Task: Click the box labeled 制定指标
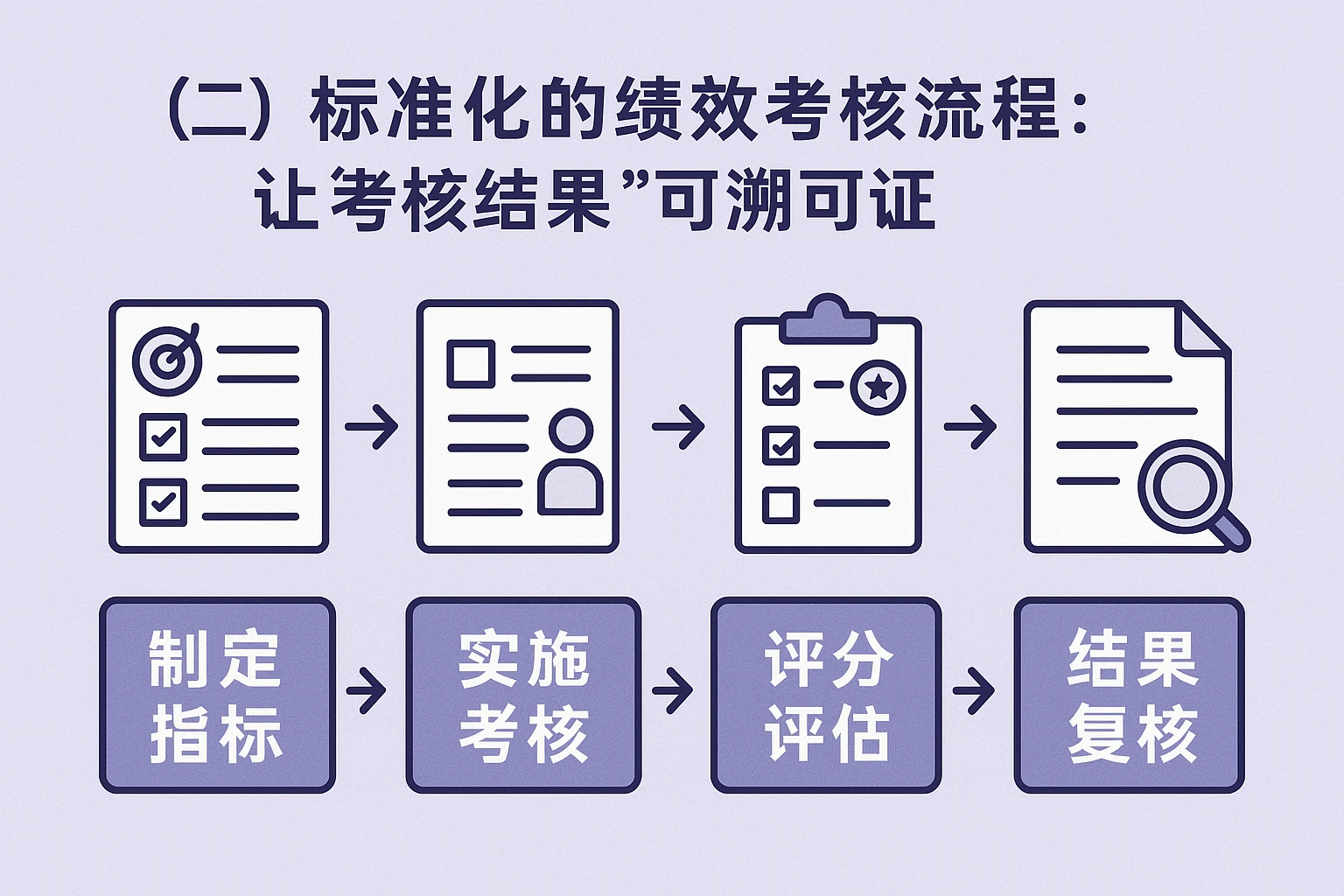[217, 696]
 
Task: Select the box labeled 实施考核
[523, 696]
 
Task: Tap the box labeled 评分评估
[826, 696]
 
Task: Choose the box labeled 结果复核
[1130, 696]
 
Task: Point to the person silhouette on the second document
[570, 464]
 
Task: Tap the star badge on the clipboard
[878, 385]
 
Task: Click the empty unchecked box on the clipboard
[780, 505]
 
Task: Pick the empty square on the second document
[472, 363]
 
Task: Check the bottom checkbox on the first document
[164, 501]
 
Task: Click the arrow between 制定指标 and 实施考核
[367, 689]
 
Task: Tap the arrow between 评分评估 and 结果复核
[975, 689]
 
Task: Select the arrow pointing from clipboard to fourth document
[970, 426]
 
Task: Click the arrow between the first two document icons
[372, 426]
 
